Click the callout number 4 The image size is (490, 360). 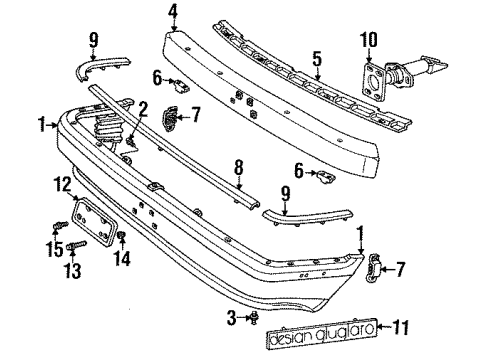point(173,12)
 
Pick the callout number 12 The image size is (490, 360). point(63,182)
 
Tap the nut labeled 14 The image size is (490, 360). point(120,235)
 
